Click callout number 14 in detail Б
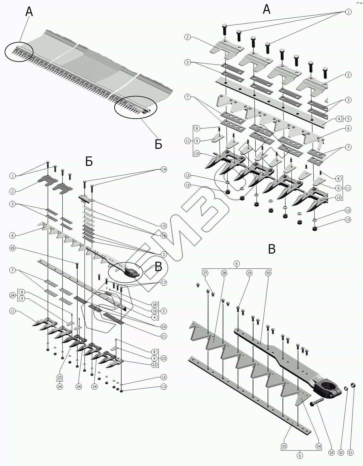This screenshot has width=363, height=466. pyautogui.click(x=164, y=169)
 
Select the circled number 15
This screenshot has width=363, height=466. pyautogui.click(x=164, y=226)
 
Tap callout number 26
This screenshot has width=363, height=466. pyautogui.click(x=12, y=248)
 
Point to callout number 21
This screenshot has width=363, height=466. pyautogui.click(x=164, y=336)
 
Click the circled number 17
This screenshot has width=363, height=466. pyautogui.click(x=164, y=283)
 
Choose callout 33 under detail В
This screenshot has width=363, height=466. pyautogui.click(x=331, y=452)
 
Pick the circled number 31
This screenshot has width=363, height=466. pyautogui.click(x=350, y=452)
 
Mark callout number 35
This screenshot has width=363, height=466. pyautogui.click(x=284, y=446)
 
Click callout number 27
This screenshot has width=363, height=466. pyautogui.click(x=205, y=273)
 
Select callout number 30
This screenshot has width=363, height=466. pyautogui.click(x=268, y=273)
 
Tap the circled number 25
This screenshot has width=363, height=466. pyautogui.click(x=60, y=377)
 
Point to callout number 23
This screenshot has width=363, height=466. pyautogui.click(x=164, y=358)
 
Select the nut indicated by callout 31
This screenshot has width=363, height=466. pyautogui.click(x=354, y=385)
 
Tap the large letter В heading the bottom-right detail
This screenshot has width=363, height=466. pyautogui.click(x=271, y=249)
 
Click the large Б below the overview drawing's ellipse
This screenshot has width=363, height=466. pyautogui.click(x=158, y=144)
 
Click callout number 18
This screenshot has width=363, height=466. pyautogui.click(x=154, y=305)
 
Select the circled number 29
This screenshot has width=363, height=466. pyautogui.click(x=249, y=273)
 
